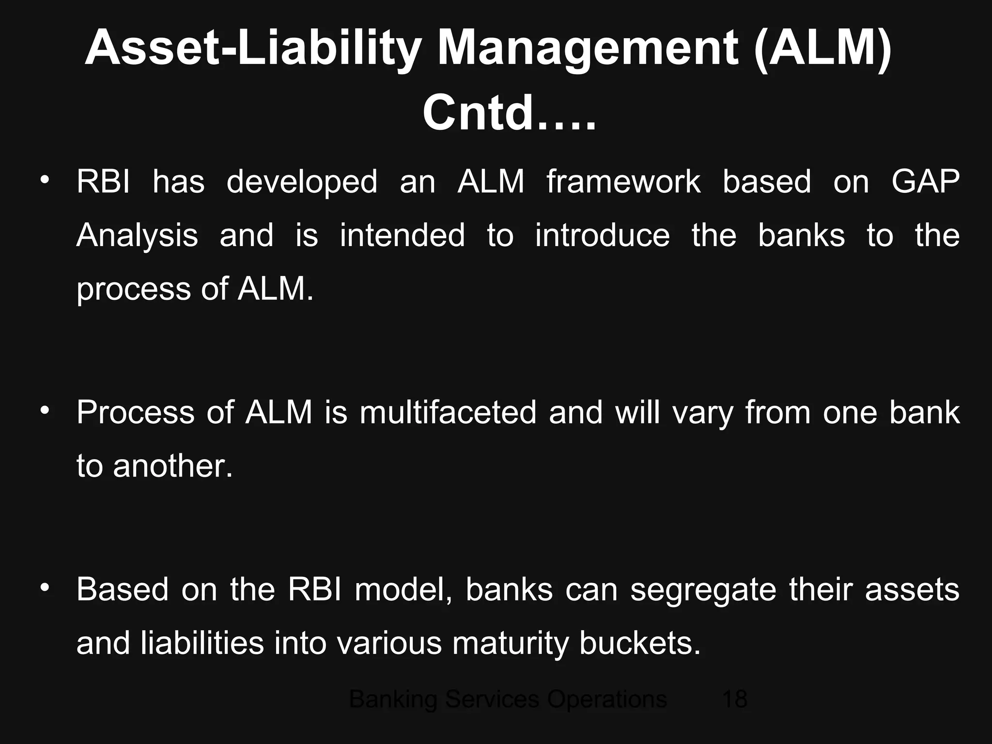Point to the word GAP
tap(925, 182)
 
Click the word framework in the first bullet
tap(623, 182)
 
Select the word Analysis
tap(137, 236)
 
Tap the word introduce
tap(603, 235)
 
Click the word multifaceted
tap(448, 413)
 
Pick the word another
tap(173, 466)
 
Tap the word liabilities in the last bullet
tap(202, 643)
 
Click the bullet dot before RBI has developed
tap(45, 180)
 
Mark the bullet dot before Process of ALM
tap(45, 411)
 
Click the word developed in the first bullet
tap(302, 183)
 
